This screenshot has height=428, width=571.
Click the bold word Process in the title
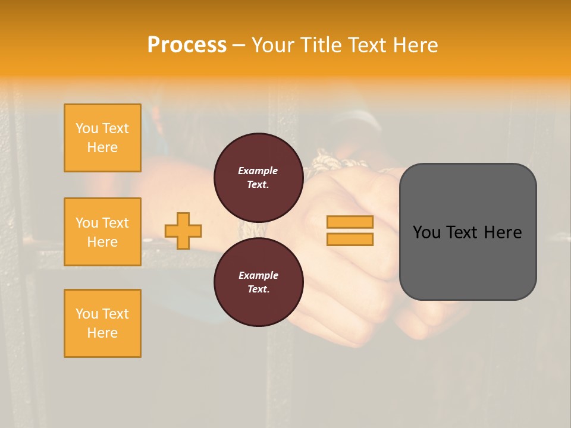187,45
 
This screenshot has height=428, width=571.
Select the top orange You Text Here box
102,138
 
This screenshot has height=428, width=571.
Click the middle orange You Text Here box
102,232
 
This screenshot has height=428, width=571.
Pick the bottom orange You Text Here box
102,323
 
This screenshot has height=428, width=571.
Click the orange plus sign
183,231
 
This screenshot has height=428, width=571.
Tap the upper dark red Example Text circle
258,177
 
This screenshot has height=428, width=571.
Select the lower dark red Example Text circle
258,282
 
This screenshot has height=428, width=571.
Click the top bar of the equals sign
350,222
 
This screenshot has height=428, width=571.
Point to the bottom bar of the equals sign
350,240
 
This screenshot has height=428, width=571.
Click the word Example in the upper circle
258,171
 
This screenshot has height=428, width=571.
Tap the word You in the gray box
426,232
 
